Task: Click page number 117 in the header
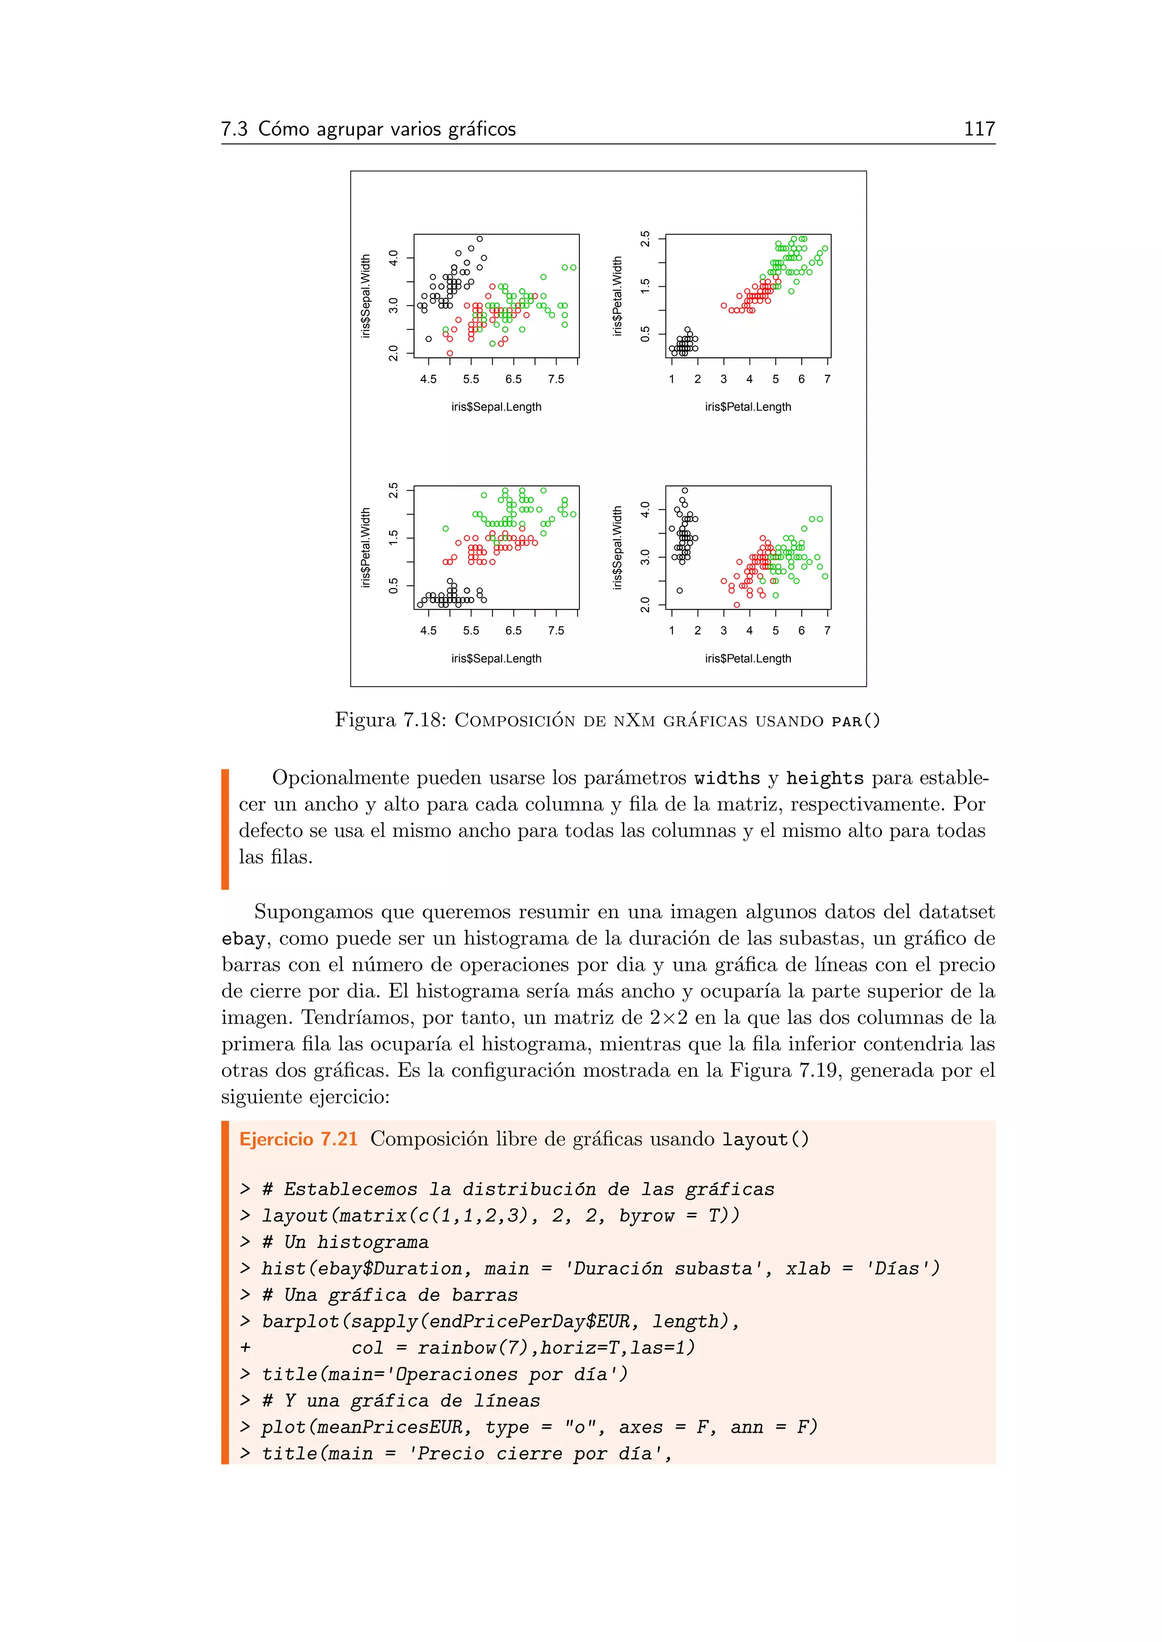coord(979,129)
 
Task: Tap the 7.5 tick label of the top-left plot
coord(555,379)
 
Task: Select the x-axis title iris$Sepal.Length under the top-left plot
coord(496,407)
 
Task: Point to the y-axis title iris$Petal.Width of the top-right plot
coord(617,296)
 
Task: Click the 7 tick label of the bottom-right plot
coord(827,630)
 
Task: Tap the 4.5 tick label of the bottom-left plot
coord(428,630)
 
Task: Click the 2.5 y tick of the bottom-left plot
coord(393,490)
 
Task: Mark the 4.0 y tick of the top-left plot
coord(393,257)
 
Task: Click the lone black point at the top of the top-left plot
coord(479,239)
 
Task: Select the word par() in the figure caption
coord(855,721)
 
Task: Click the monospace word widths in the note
coord(727,778)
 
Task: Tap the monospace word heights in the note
coord(824,778)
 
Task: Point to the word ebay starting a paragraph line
coord(243,938)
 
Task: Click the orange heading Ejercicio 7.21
coord(298,1139)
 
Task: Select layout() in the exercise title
coord(765,1139)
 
